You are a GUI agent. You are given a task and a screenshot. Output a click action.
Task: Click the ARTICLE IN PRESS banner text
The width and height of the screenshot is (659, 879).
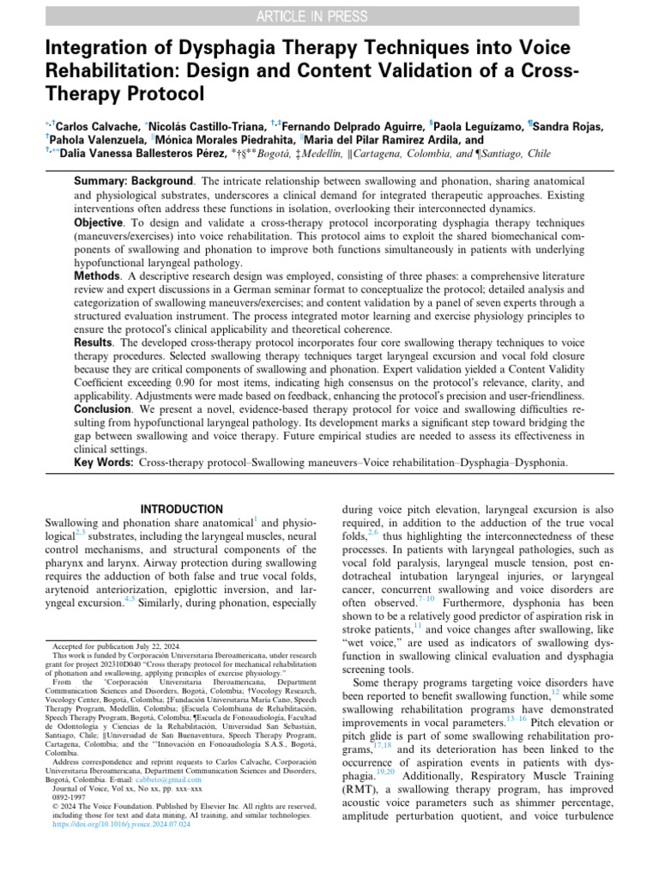click(329, 15)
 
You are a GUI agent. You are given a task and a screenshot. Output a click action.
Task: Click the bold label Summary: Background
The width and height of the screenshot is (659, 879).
click(133, 182)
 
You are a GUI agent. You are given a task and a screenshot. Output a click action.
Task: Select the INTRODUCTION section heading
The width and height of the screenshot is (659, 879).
click(181, 509)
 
